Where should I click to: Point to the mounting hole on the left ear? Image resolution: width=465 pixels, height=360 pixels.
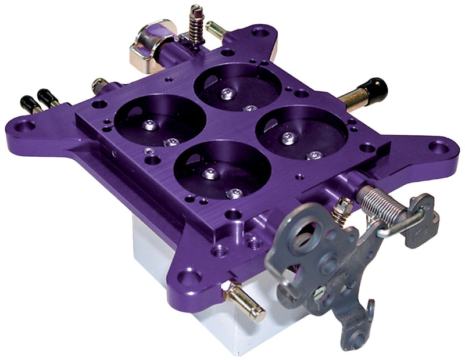coord(24,124)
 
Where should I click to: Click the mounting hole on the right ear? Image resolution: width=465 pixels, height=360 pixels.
coord(438,147)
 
